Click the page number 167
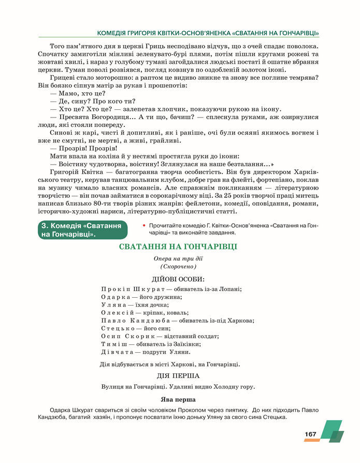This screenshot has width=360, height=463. point(310,434)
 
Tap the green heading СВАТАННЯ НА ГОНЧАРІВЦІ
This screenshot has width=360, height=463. point(178,247)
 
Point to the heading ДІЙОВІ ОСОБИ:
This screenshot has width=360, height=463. point(178,279)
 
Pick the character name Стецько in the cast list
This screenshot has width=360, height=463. point(118,328)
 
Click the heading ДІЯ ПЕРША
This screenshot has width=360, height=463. point(178,375)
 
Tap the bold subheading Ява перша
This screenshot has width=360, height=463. point(178,399)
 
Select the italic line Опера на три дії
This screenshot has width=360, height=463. point(178,258)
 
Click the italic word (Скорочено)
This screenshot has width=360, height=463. point(178,266)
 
